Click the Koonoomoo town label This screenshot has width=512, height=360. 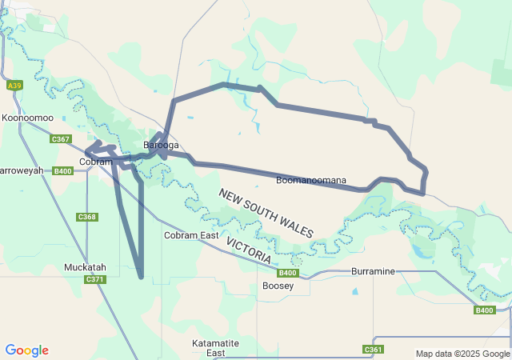point(27,118)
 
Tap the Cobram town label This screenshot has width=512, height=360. point(96,162)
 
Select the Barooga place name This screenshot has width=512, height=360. point(161,146)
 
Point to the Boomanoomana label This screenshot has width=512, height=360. point(311,180)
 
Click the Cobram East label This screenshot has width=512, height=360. point(191,235)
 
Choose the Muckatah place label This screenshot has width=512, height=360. point(86,267)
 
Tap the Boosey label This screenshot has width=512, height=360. point(278,286)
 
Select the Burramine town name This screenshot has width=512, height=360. point(373,271)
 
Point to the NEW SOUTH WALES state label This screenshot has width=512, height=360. point(266,213)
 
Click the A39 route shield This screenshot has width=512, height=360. point(14,85)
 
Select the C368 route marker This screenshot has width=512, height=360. point(87,217)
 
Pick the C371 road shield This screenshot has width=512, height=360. point(94,279)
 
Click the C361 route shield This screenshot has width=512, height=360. point(373,350)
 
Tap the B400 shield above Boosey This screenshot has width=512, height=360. point(289,273)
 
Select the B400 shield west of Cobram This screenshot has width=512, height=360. point(63,170)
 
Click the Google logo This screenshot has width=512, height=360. point(26,350)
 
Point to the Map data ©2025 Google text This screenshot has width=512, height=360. point(462,354)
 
